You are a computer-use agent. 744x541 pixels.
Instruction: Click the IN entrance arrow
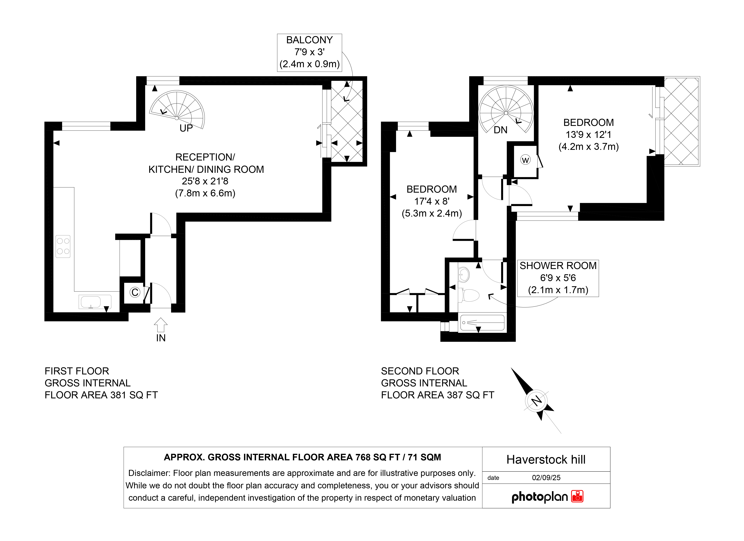tap(161, 325)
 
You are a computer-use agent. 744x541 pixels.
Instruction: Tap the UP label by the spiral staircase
tap(186, 128)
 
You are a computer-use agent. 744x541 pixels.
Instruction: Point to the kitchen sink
tap(95, 302)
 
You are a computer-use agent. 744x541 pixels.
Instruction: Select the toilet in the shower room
tap(469, 295)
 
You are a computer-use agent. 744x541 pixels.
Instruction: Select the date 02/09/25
tap(546, 478)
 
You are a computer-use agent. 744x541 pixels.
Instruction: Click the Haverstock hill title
tap(546, 460)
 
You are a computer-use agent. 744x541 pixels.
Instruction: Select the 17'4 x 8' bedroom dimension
tap(432, 201)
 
